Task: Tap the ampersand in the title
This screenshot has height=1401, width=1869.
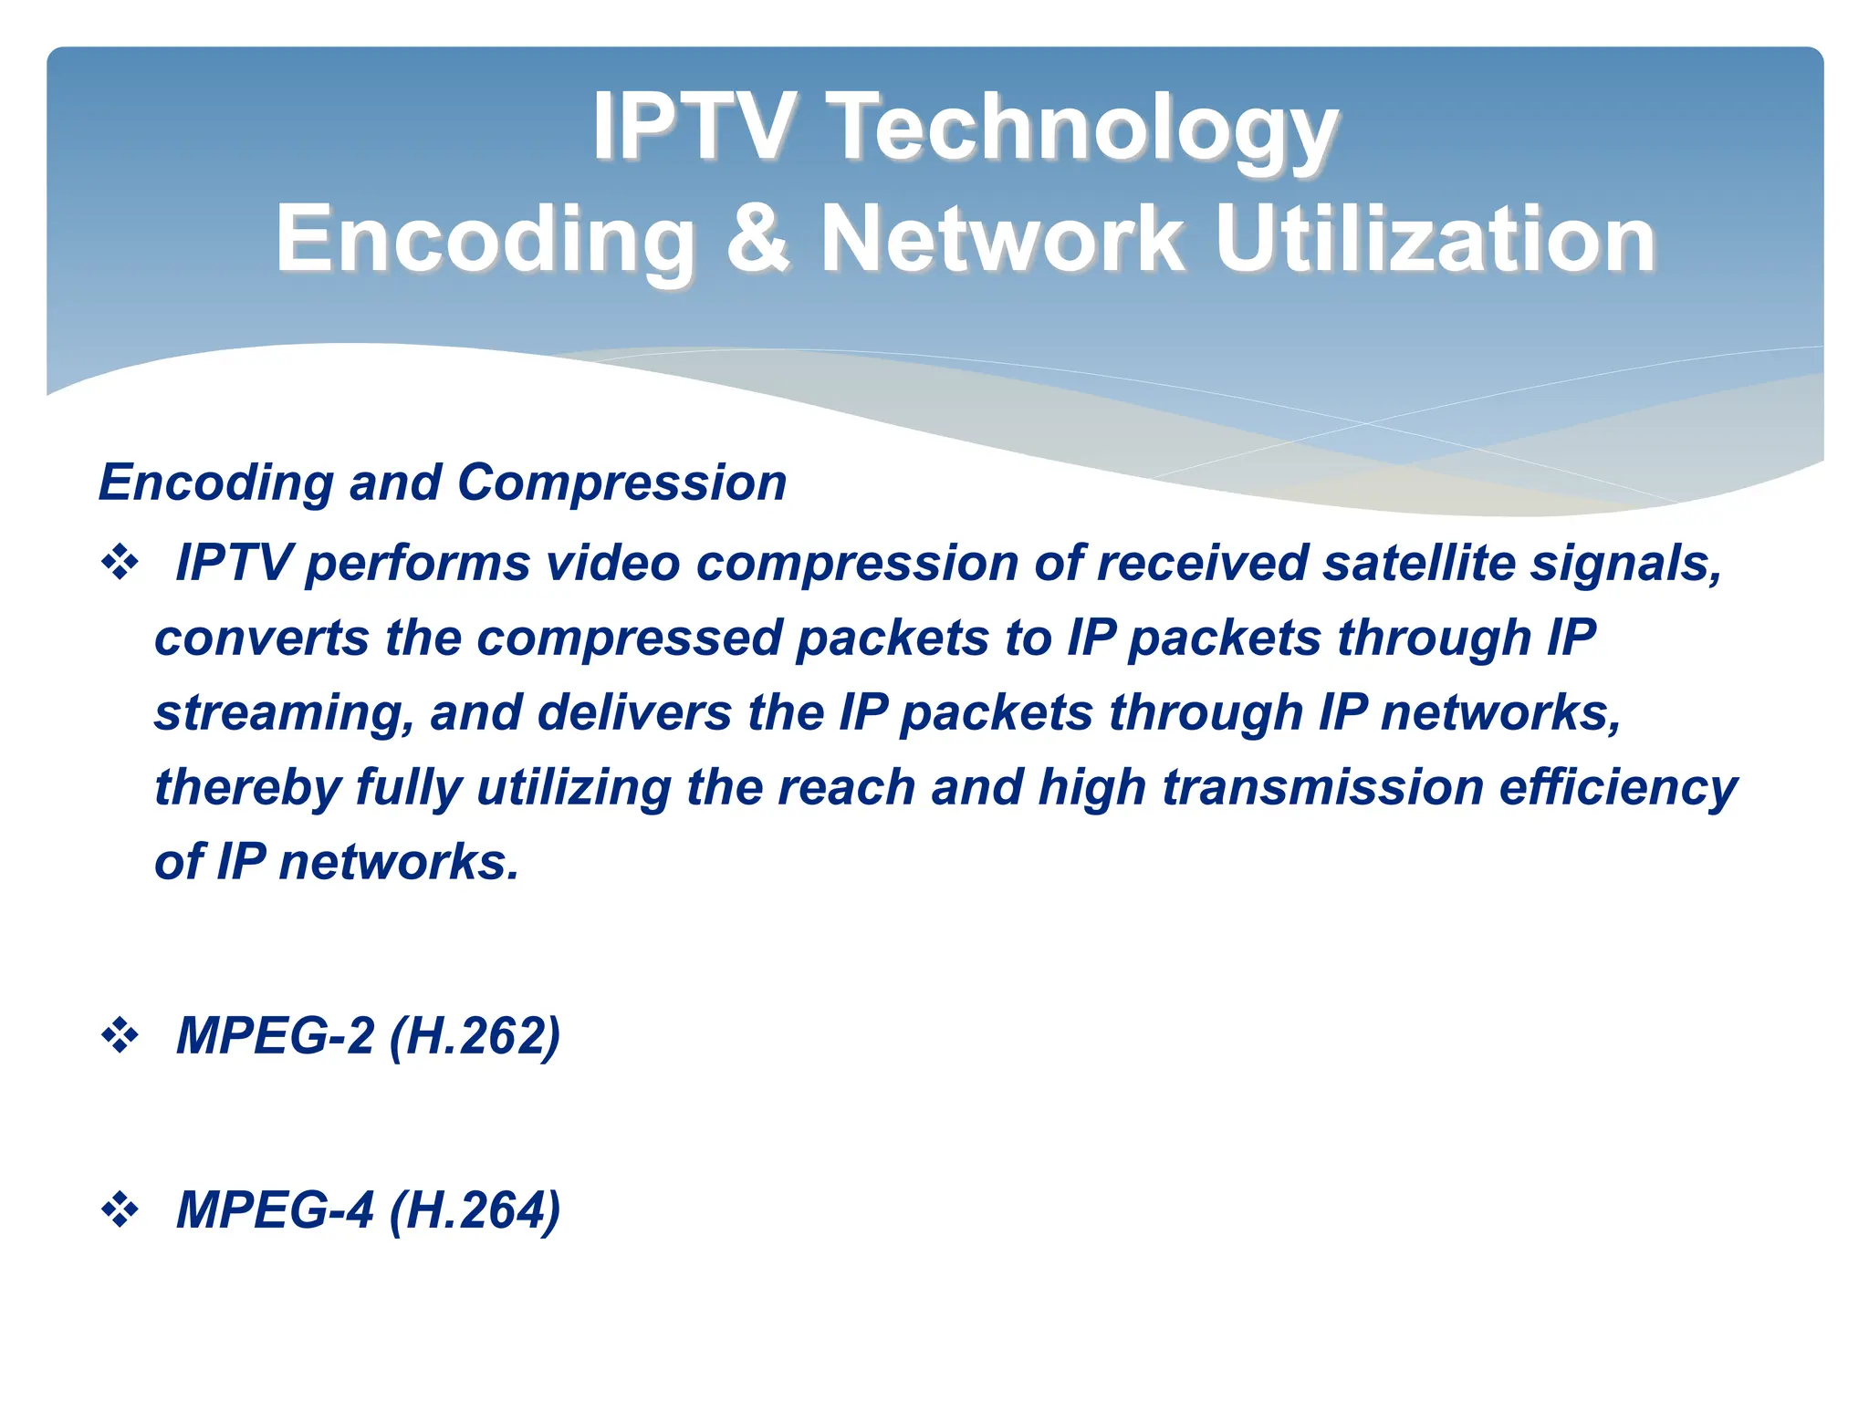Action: click(757, 239)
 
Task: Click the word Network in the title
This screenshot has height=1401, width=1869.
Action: click(1002, 239)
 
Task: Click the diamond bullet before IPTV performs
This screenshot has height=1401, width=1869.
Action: click(120, 563)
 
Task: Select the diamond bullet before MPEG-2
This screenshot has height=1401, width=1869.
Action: click(120, 1036)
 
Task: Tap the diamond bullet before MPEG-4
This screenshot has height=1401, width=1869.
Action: click(120, 1210)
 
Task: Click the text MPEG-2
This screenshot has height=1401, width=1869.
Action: click(275, 1036)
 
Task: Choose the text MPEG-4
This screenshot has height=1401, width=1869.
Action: click(275, 1210)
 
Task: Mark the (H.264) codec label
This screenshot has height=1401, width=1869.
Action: click(475, 1211)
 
